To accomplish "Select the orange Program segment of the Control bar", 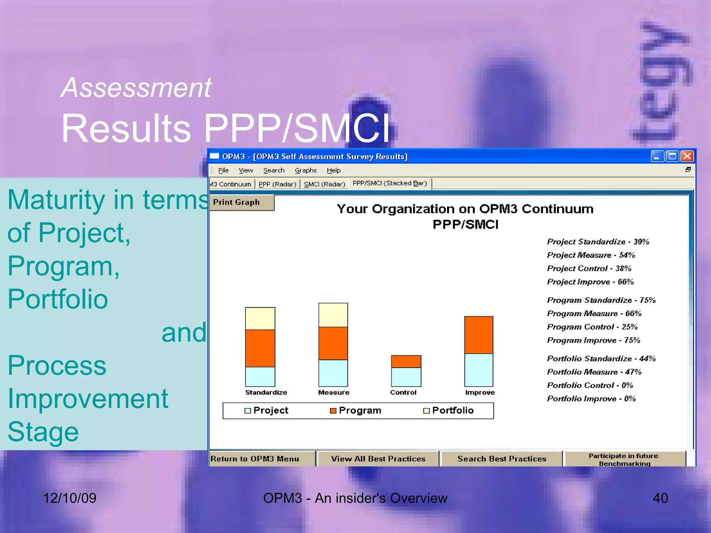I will coord(406,361).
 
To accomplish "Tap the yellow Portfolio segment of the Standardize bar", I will coord(260,319).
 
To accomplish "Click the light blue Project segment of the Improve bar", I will coord(479,370).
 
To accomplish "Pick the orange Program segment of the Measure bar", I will coord(333,343).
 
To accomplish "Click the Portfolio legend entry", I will coord(448,411).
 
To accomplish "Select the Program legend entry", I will coord(355,411).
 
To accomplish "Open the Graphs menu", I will coord(306,170).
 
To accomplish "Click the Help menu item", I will coord(333,170).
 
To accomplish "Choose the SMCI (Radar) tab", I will coord(324,184).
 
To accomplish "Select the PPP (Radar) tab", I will coord(277,184).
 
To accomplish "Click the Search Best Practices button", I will coord(501,459).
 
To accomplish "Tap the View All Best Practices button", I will coord(378,459).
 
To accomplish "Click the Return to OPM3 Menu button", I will coord(255,459).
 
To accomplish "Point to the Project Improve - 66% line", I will coord(590,282).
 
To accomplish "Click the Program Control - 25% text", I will coord(592,327).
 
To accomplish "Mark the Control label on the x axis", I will coord(403,392).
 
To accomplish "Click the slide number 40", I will coord(660,498).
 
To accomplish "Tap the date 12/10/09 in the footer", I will coord(69,498).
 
